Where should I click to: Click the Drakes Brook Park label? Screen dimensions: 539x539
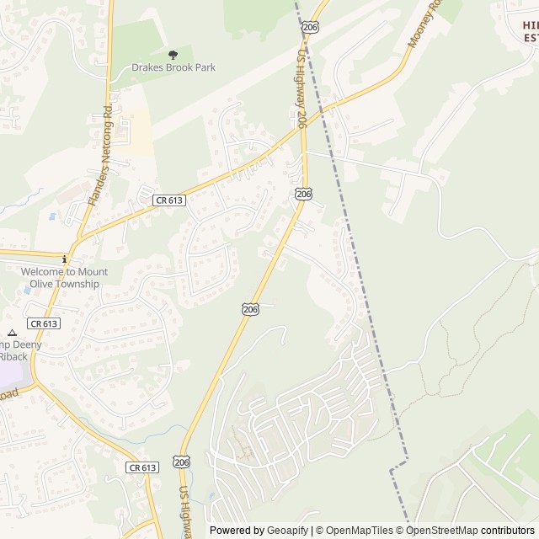click(173, 67)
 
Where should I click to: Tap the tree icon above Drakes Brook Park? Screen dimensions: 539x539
click(173, 55)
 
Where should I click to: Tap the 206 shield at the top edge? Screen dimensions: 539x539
click(310, 28)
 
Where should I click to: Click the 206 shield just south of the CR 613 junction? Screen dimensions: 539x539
click(304, 195)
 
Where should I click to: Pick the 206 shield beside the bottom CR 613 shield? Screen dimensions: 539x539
click(182, 462)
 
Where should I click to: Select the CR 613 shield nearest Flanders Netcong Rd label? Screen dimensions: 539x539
click(169, 200)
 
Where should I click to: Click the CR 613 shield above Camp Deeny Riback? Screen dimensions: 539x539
click(43, 323)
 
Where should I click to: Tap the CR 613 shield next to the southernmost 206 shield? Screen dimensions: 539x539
click(142, 467)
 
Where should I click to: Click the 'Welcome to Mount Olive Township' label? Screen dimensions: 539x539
click(64, 278)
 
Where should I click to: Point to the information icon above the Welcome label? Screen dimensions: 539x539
click(64, 259)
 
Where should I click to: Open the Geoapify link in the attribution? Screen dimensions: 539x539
click(287, 531)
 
